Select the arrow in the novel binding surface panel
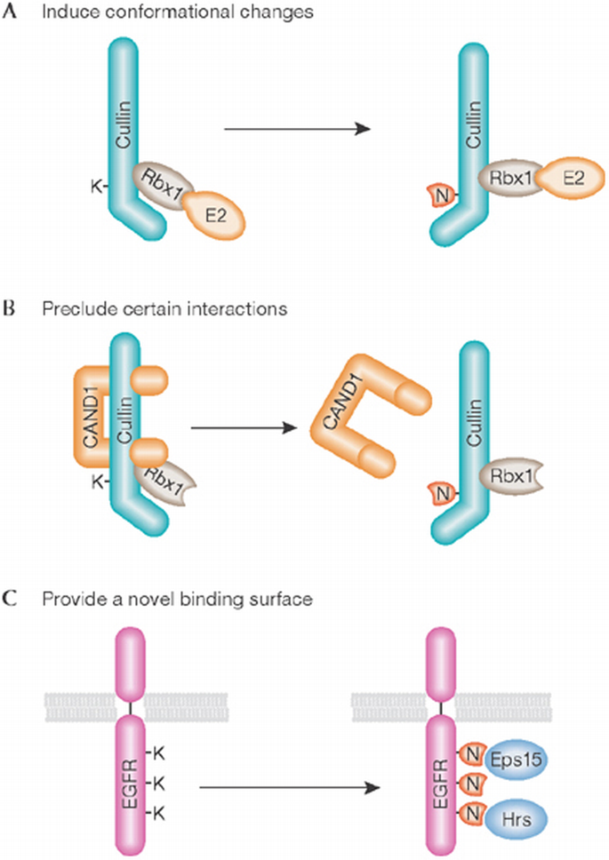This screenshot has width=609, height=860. [284, 786]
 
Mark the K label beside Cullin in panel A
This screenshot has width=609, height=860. [95, 186]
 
